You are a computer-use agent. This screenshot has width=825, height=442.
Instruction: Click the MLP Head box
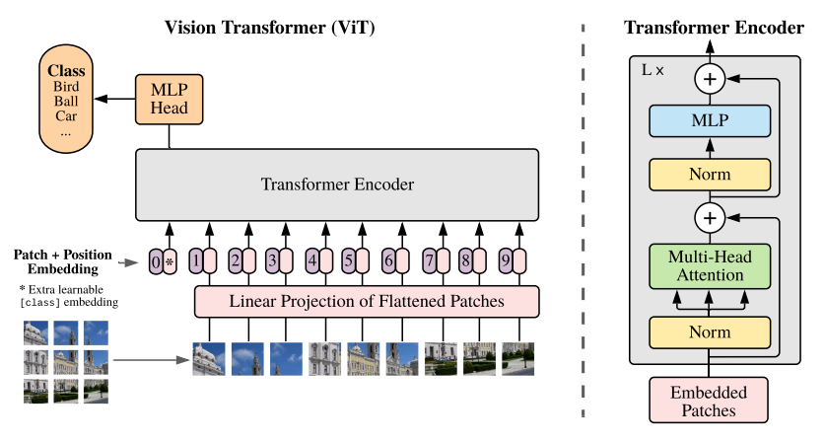click(169, 100)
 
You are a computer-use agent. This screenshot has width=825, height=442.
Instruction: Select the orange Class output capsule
click(66, 99)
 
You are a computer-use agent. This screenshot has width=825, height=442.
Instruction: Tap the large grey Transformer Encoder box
click(337, 184)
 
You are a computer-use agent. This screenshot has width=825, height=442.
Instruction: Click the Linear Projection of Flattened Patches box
click(367, 301)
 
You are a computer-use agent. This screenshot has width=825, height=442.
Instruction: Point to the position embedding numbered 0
click(156, 261)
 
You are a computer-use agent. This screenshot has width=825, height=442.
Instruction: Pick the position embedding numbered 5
click(348, 260)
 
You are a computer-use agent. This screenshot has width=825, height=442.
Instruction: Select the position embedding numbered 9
click(506, 260)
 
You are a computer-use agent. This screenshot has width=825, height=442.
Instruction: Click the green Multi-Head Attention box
click(710, 266)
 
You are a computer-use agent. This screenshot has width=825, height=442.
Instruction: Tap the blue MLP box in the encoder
click(710, 120)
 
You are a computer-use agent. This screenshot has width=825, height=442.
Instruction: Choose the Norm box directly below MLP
click(710, 175)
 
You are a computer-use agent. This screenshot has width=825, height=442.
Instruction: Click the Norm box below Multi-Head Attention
click(710, 332)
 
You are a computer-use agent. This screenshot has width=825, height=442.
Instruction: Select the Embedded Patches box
click(709, 401)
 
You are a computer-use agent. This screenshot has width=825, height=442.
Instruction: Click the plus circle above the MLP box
click(710, 79)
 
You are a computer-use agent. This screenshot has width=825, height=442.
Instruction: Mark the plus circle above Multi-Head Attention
click(710, 218)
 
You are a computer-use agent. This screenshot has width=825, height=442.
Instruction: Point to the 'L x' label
click(653, 70)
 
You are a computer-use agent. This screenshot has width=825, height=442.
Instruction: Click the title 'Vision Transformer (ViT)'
click(270, 28)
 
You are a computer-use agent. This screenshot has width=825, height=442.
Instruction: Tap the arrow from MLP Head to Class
click(114, 99)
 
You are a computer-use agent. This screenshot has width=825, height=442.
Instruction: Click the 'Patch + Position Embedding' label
click(63, 261)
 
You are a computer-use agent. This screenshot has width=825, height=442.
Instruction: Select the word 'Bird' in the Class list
click(66, 87)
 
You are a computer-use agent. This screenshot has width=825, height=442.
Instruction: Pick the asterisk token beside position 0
click(170, 261)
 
